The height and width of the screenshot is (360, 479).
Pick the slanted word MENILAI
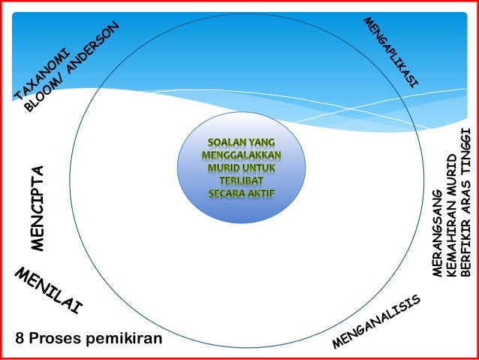48,290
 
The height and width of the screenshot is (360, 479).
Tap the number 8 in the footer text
20,339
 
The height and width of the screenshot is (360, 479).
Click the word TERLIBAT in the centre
241,181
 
